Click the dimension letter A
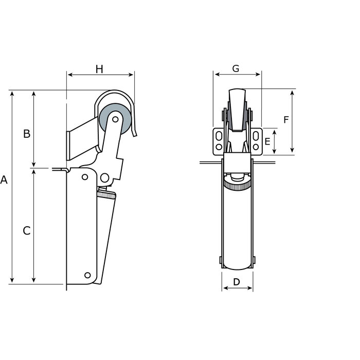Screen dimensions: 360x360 pos(4,181)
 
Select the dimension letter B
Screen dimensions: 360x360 pos(27,134)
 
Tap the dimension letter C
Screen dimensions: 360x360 pos(27,231)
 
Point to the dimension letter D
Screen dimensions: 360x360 pos(237,282)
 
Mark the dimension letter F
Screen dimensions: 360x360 pos(286,120)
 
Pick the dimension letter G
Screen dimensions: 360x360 pos(236,68)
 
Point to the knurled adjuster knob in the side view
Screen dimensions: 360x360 pos(107,195)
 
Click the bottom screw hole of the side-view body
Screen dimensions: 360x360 pos(88,275)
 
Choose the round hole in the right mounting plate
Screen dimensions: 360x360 pos(255,147)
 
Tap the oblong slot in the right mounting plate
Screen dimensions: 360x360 pos(255,136)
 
